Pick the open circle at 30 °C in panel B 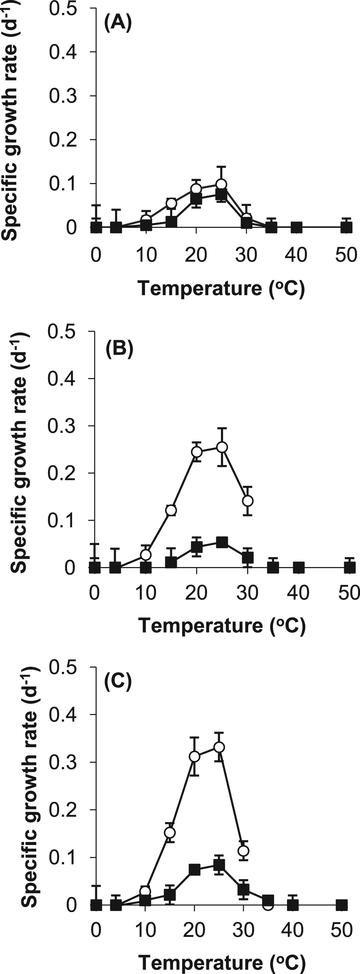click(248, 501)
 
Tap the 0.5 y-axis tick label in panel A click(63, 8)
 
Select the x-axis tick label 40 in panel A click(296, 255)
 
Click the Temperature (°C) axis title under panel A click(221, 289)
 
